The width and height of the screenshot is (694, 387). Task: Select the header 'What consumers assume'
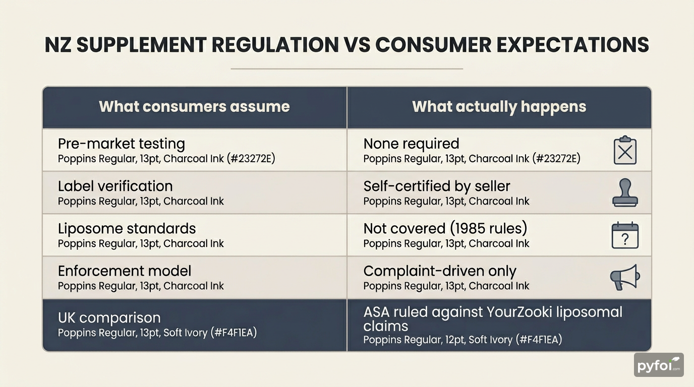point(194,107)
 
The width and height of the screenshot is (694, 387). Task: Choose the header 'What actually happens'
point(499,107)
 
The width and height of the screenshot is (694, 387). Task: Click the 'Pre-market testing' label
point(122,144)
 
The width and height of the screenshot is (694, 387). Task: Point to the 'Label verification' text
point(115,186)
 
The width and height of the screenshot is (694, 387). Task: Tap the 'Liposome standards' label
point(127,228)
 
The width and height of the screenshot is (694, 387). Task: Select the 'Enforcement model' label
point(125,271)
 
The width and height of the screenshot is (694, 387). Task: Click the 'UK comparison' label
point(109,318)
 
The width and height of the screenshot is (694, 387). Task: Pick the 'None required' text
point(411,144)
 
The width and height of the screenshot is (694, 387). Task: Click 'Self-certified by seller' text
point(437,186)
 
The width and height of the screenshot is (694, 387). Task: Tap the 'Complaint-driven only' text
point(440,271)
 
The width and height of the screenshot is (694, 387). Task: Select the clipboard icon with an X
point(625,150)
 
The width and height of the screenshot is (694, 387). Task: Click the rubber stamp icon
point(625,192)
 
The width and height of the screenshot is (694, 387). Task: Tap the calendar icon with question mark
point(625,235)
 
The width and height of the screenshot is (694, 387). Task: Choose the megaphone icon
point(625,277)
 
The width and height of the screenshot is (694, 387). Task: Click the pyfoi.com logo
point(658,365)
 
